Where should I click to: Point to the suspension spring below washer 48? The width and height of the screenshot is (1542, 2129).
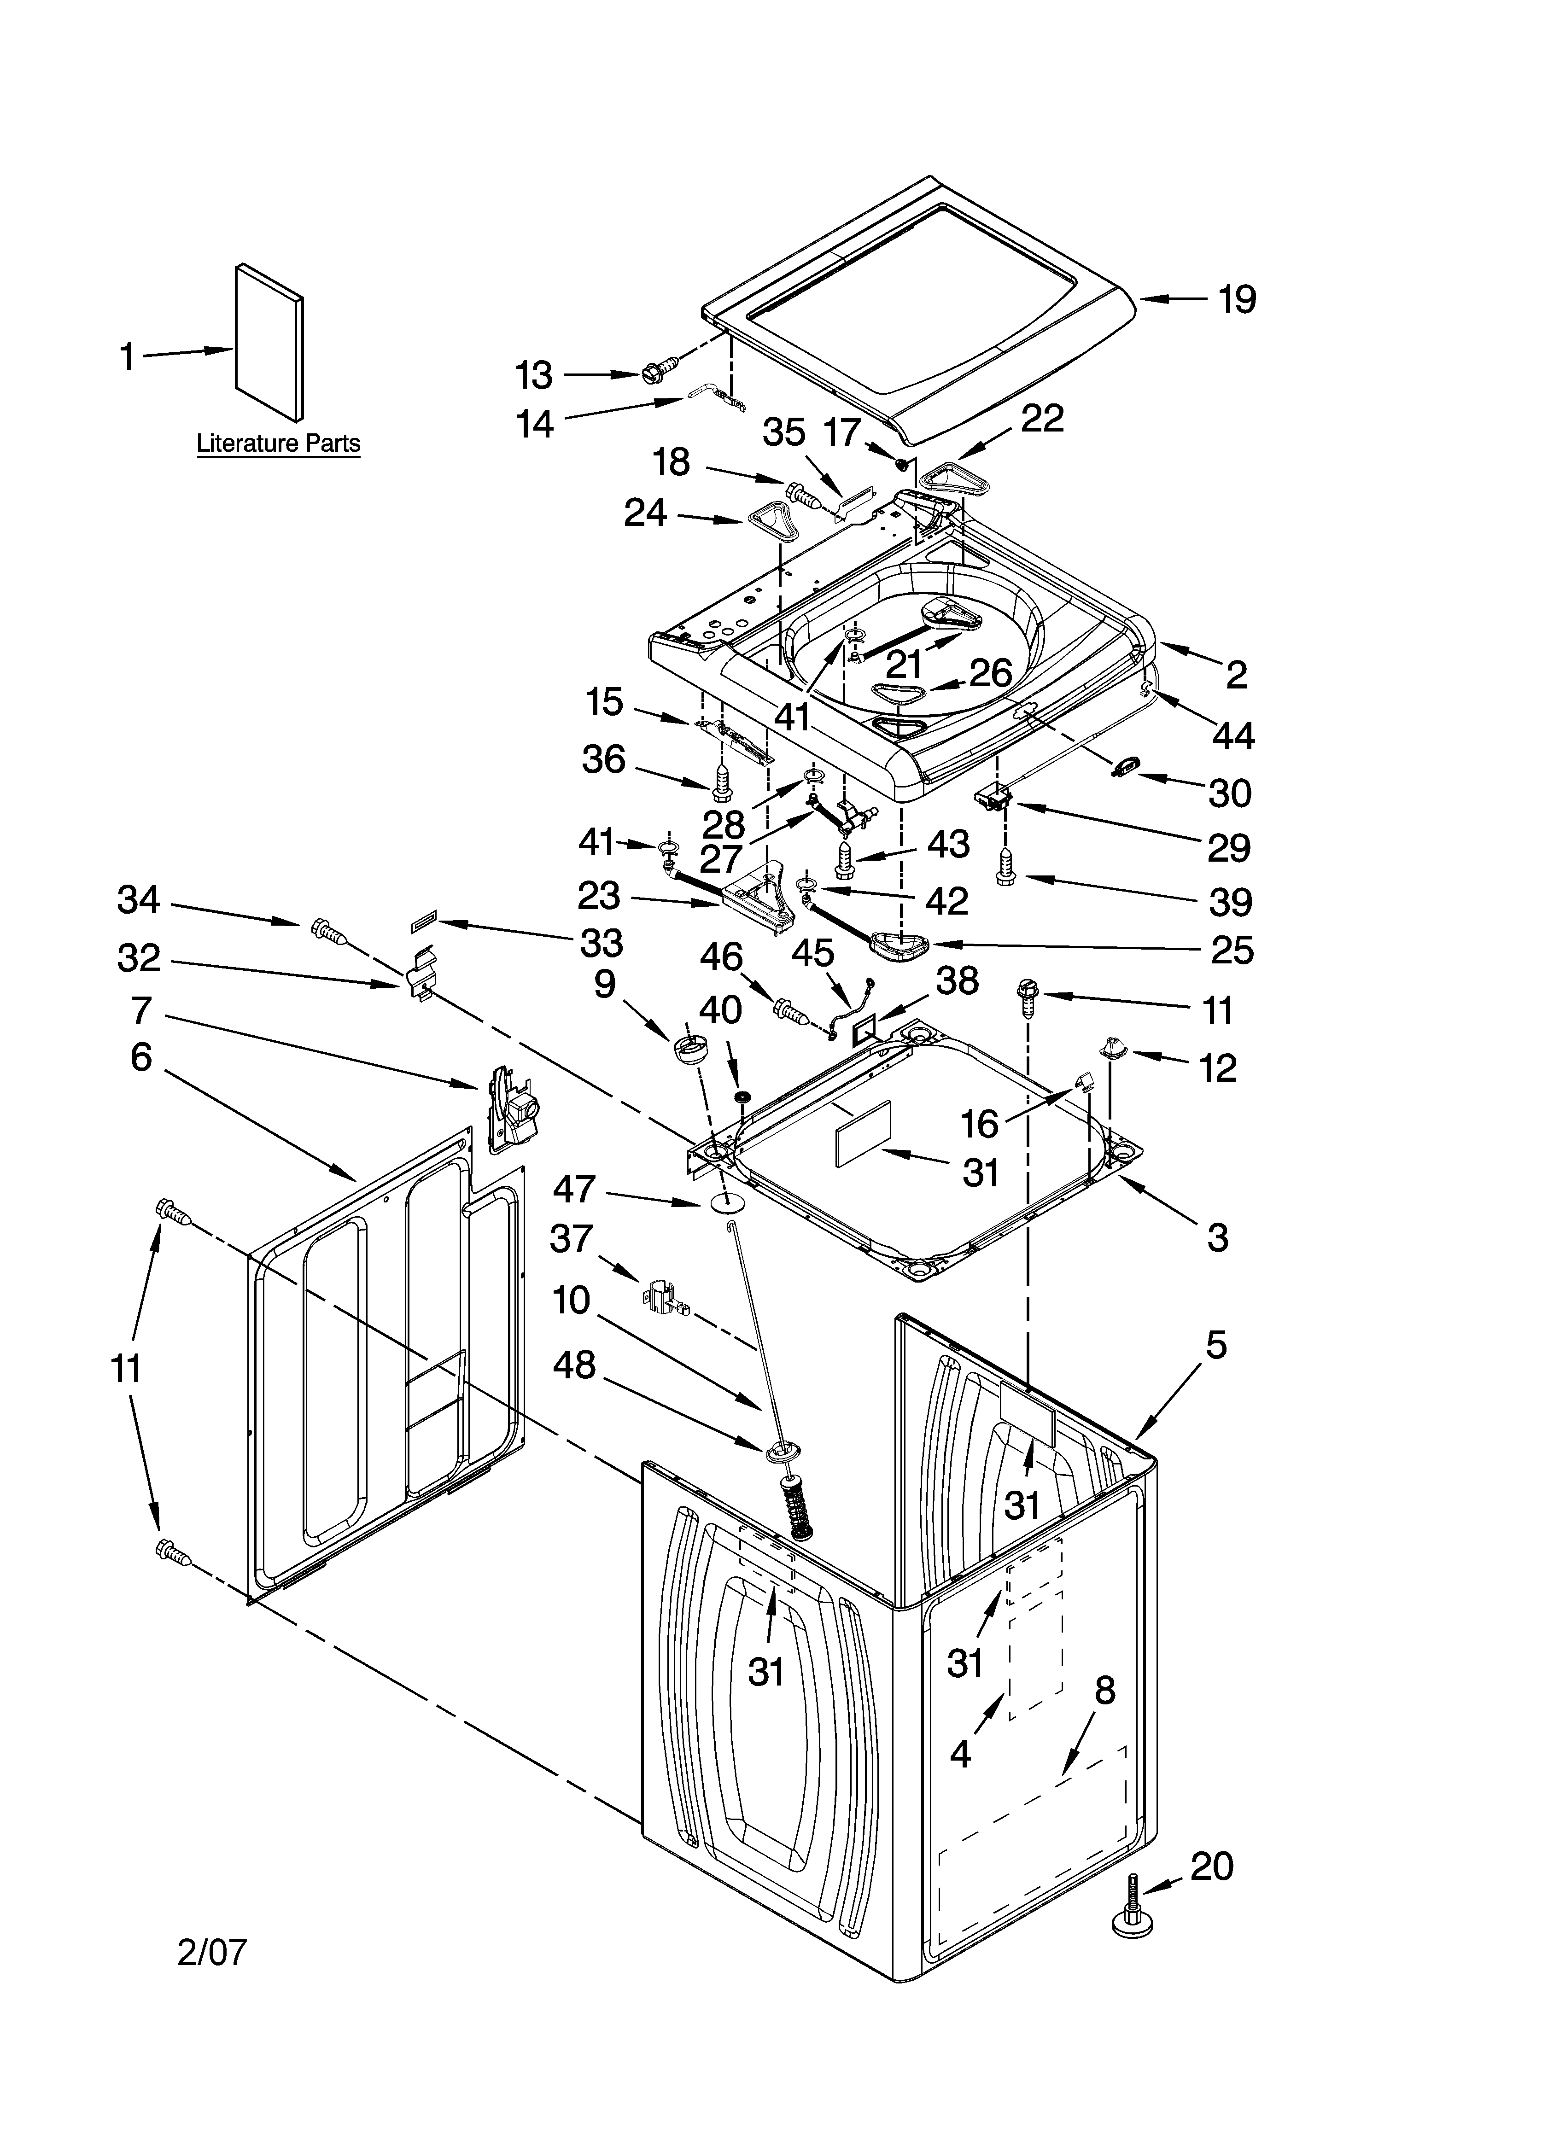point(801,1507)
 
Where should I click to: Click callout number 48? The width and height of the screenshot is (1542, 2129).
point(575,1365)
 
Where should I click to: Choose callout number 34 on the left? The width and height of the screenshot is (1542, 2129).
point(139,900)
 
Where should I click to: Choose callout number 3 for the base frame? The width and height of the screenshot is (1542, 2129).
point(1217,1237)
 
